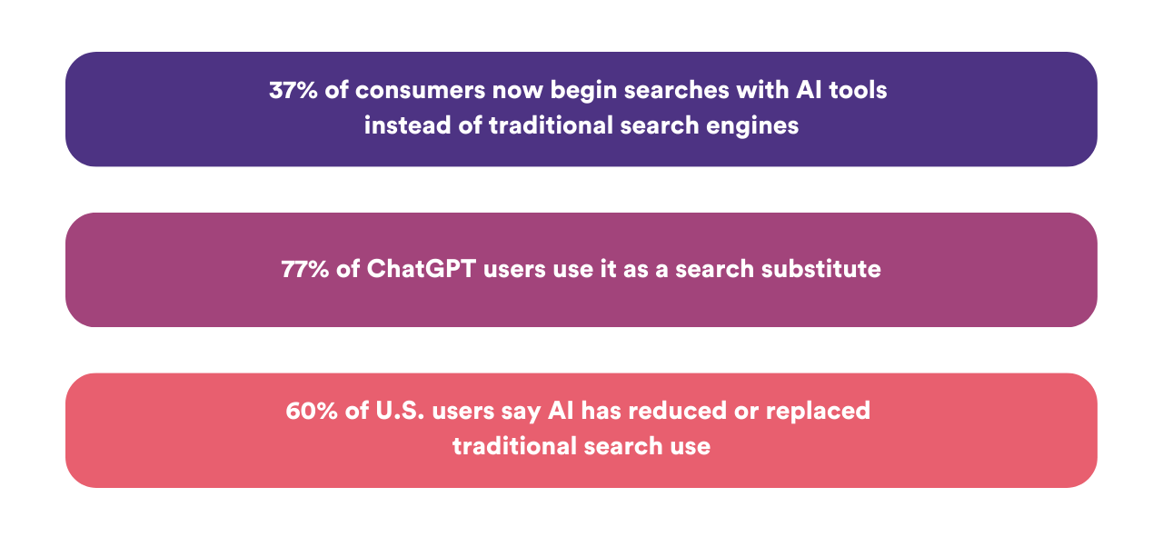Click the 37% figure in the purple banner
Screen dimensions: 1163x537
(x=293, y=90)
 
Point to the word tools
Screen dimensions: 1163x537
(x=858, y=90)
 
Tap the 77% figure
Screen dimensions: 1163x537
(x=305, y=269)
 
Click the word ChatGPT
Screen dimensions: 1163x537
(x=421, y=269)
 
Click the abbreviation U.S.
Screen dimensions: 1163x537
(x=400, y=411)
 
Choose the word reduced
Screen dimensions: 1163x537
(x=678, y=411)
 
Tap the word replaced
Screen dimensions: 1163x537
(x=819, y=412)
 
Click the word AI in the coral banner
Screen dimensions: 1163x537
(x=562, y=411)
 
